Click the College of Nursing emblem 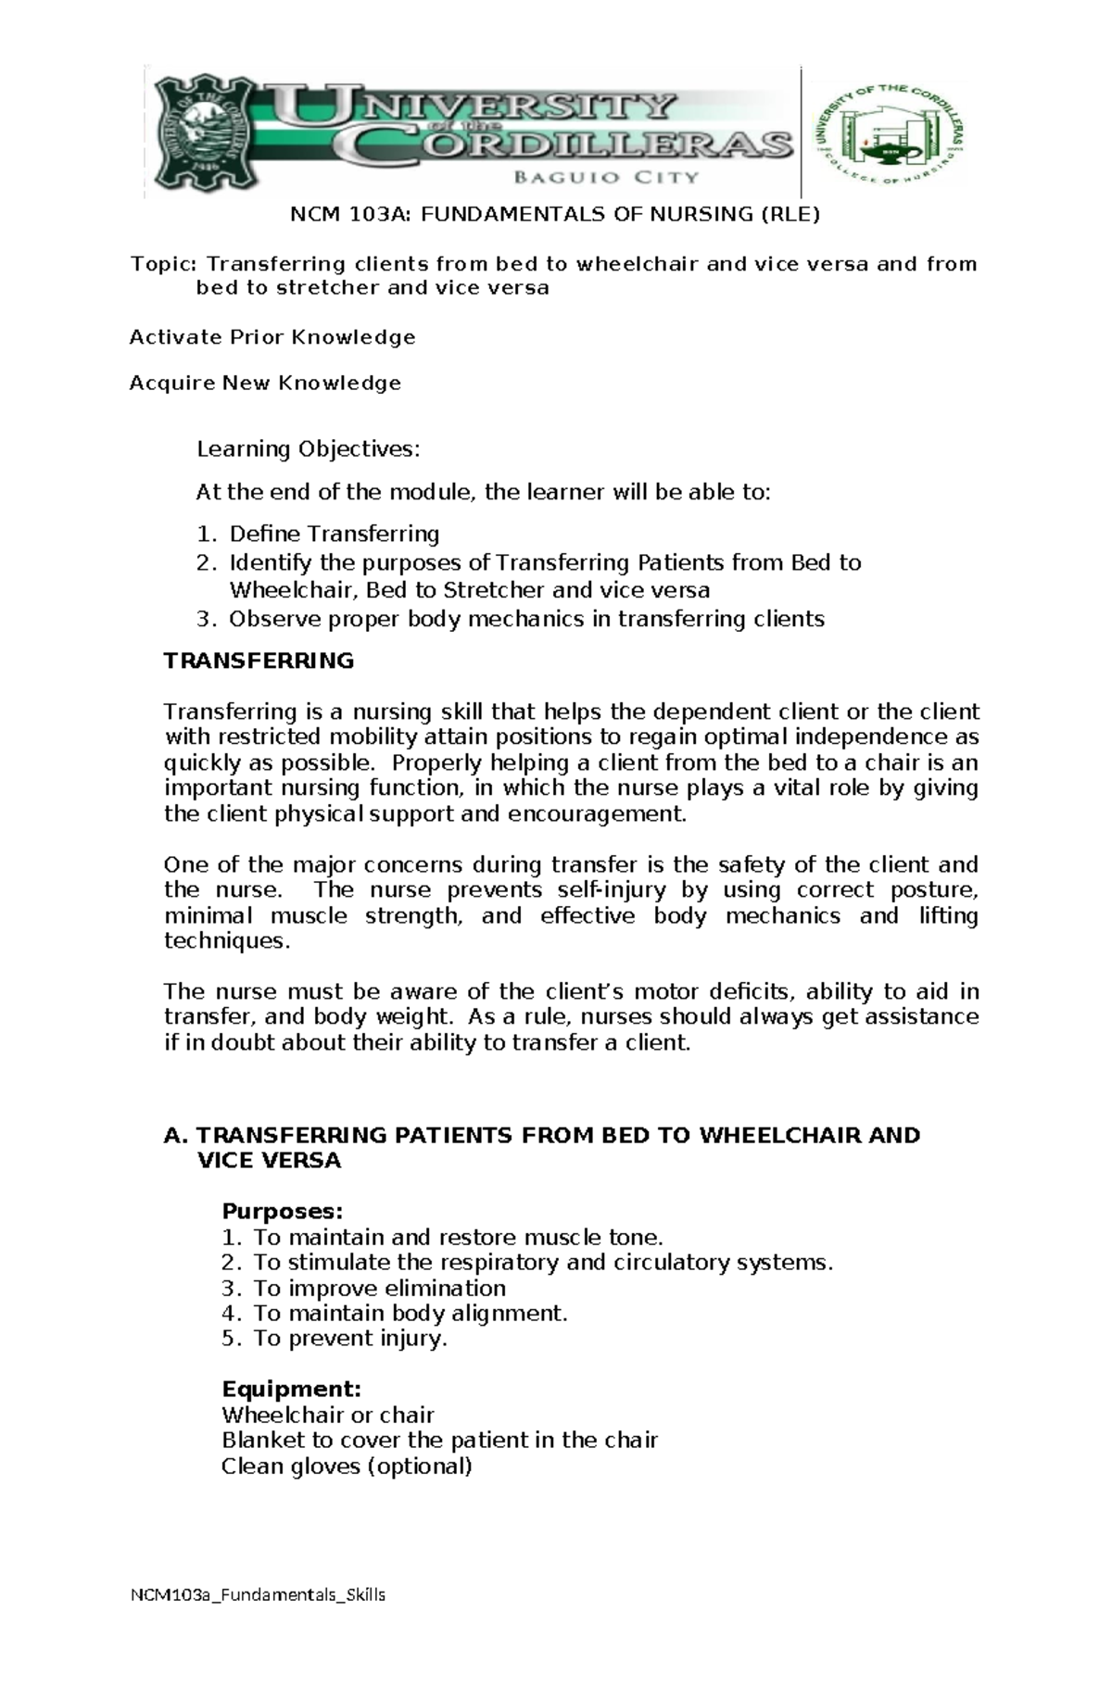[x=890, y=132]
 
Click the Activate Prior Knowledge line [x=272, y=336]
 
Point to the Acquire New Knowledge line [x=265, y=383]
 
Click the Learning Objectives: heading [x=308, y=449]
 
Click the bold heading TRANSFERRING [x=259, y=661]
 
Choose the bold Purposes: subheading [x=282, y=1212]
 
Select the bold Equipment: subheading [x=291, y=1390]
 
